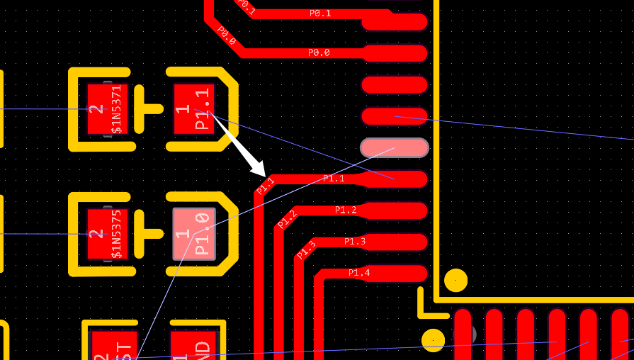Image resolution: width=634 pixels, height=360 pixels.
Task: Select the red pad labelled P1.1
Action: click(193, 108)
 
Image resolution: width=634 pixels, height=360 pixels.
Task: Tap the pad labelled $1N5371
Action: click(106, 109)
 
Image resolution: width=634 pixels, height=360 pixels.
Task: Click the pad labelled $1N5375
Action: click(106, 234)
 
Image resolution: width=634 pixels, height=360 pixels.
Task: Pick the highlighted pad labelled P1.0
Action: click(194, 234)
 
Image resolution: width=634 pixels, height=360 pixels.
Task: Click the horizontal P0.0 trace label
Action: click(319, 53)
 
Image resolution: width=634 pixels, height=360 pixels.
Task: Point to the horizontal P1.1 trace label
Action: click(334, 179)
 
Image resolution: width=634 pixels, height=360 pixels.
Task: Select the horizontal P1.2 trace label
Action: click(346, 210)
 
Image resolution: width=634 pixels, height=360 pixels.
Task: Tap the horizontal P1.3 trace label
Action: click(355, 242)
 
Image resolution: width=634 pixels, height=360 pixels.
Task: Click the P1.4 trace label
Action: click(359, 273)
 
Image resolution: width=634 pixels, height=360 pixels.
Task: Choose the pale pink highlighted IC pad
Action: click(395, 147)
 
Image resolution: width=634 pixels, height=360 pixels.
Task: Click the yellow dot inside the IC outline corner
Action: click(455, 280)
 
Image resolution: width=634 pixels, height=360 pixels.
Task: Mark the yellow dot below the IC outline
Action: click(433, 340)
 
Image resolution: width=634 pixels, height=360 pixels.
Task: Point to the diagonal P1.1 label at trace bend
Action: click(266, 186)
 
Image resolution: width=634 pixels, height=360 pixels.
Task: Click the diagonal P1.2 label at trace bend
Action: click(287, 219)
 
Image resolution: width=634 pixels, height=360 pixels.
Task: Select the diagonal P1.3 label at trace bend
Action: click(306, 249)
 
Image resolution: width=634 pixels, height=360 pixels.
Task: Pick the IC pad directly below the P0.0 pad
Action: click(395, 85)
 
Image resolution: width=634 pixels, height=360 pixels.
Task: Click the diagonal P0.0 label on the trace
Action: click(226, 35)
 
